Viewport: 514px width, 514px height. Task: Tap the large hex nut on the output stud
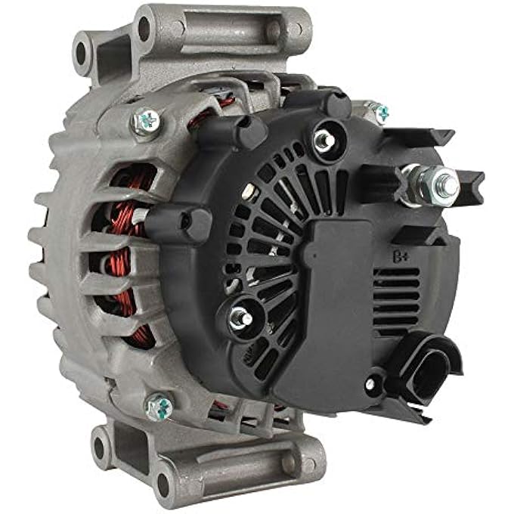click(444, 184)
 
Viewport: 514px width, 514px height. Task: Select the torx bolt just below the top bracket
click(146, 121)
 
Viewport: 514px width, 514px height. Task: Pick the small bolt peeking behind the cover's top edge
click(380, 113)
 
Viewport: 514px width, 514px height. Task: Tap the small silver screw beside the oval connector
click(371, 383)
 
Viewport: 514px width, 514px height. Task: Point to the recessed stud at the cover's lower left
click(241, 318)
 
